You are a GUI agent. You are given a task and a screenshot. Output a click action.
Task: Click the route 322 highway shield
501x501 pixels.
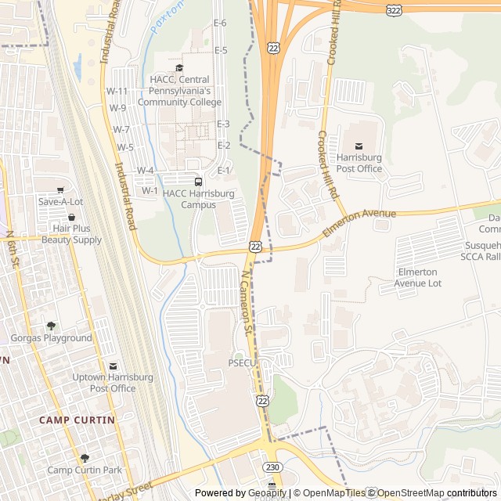pyautogui.click(x=394, y=9)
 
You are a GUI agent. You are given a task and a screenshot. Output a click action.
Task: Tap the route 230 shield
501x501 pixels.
pyautogui.click(x=272, y=467)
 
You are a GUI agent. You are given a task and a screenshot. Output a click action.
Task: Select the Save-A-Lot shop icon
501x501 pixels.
pyautogui.click(x=60, y=189)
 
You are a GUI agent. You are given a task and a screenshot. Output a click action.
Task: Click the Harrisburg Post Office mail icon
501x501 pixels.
pyautogui.click(x=359, y=146)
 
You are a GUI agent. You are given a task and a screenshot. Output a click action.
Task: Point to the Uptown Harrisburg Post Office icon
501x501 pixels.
pyautogui.click(x=114, y=366)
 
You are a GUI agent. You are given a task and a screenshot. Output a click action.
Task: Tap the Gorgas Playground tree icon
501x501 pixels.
pyautogui.click(x=51, y=326)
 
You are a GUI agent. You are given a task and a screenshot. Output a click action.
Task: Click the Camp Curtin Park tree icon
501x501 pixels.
pyautogui.click(x=85, y=458)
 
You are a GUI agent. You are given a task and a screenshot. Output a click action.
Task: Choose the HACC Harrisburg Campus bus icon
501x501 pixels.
pyautogui.click(x=197, y=182)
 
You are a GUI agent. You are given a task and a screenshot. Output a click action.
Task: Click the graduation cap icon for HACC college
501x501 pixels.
pyautogui.click(x=179, y=68)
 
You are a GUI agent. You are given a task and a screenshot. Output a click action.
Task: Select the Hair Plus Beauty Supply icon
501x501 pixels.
pyautogui.click(x=71, y=217)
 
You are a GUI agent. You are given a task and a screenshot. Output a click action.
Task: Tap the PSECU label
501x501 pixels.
pyautogui.click(x=243, y=363)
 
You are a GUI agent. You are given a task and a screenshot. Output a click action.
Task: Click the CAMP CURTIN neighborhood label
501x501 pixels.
pyautogui.click(x=77, y=420)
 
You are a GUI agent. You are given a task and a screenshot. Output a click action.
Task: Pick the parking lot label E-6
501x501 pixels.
pyautogui.click(x=220, y=23)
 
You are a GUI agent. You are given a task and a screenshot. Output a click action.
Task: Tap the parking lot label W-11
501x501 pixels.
pyautogui.click(x=117, y=92)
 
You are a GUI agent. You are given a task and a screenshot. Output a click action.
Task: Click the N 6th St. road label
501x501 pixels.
pyautogui.click(x=12, y=246)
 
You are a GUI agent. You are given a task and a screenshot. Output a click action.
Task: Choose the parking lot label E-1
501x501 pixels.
pyautogui.click(x=224, y=171)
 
